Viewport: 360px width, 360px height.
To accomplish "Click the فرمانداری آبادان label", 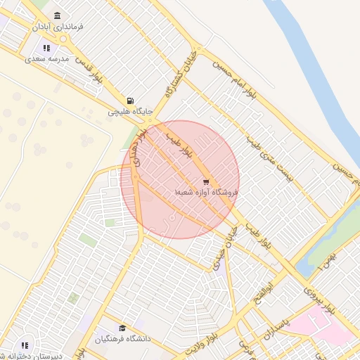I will (x=58, y=27).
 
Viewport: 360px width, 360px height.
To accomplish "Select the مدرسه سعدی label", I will (x=46, y=59).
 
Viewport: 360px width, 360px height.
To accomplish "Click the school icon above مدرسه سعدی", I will (x=46, y=49).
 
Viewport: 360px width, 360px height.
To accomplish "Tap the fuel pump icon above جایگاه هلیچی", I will (x=130, y=101).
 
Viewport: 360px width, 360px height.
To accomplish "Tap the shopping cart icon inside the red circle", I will (x=206, y=181).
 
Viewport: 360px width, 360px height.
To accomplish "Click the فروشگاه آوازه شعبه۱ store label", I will (x=207, y=191).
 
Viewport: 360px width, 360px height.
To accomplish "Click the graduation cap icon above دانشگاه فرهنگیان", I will (x=122, y=328).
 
